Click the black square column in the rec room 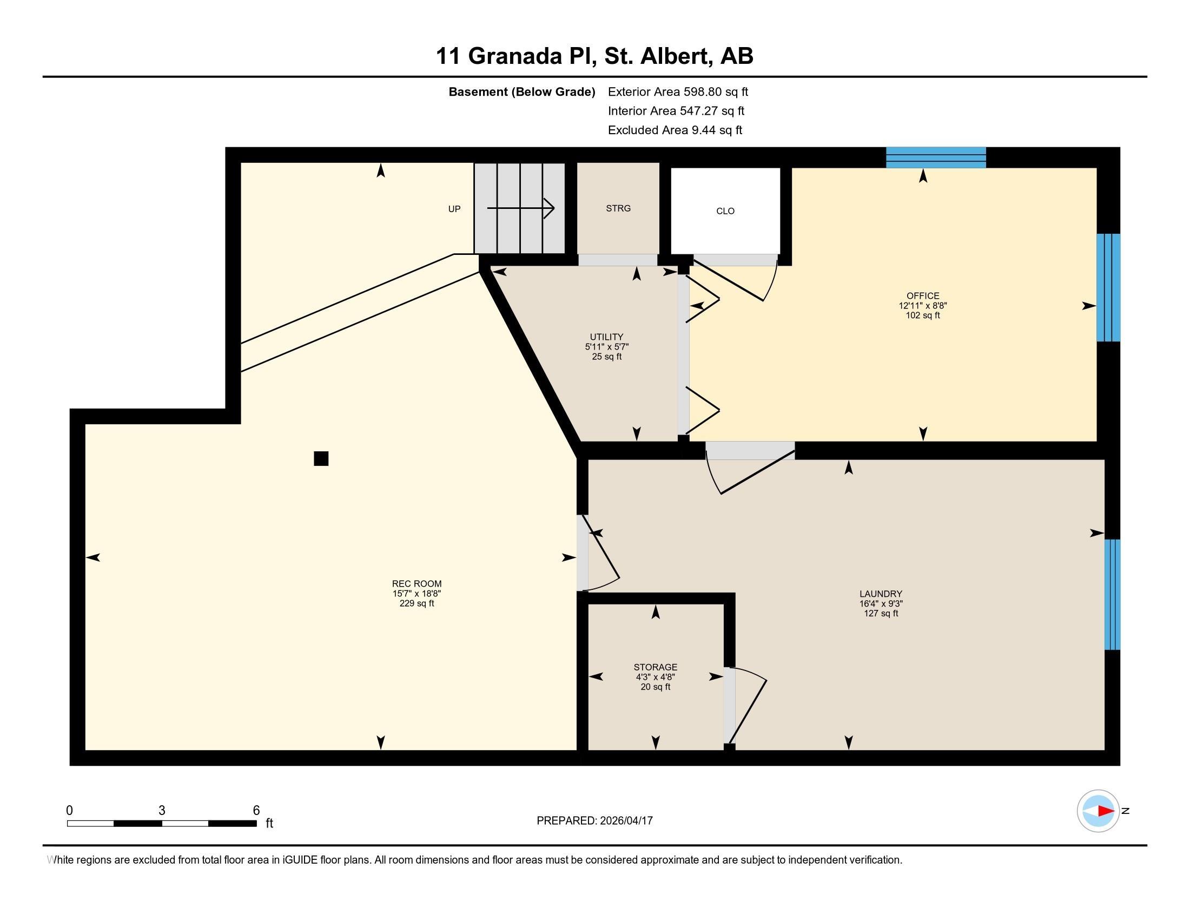(x=321, y=458)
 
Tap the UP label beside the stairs (x=454, y=209)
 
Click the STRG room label (x=618, y=208)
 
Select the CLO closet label (x=725, y=211)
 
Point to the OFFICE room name (x=922, y=296)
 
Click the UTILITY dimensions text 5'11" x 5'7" (x=606, y=347)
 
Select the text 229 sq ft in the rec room (x=416, y=603)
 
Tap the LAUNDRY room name (x=881, y=594)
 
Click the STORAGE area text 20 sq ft (x=655, y=687)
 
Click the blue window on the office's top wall (x=936, y=157)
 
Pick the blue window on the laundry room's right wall (x=1112, y=594)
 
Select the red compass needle (x=1106, y=811)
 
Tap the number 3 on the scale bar (x=162, y=811)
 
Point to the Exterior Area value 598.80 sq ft (x=716, y=91)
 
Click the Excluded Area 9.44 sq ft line (x=675, y=130)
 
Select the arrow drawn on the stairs (x=520, y=208)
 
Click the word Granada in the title (x=514, y=56)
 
